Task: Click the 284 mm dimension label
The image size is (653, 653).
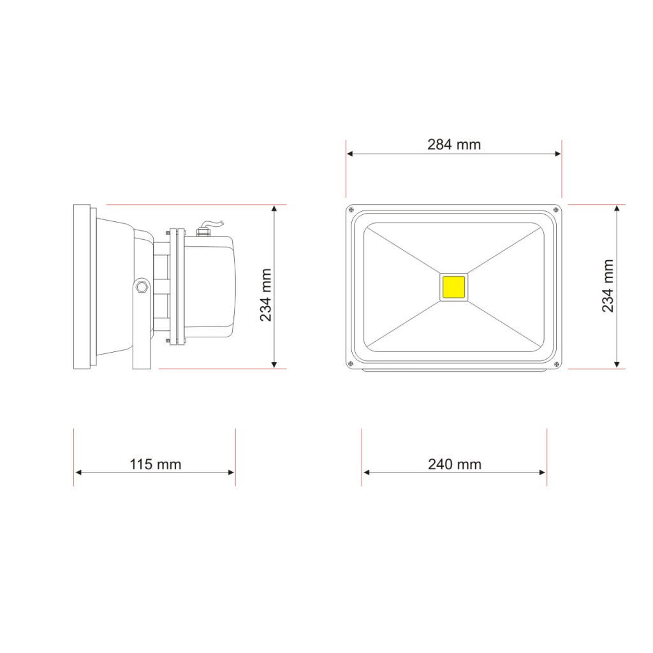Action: pos(454,145)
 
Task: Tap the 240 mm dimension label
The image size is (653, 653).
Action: pos(454,464)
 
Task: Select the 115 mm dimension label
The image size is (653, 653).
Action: pos(156,464)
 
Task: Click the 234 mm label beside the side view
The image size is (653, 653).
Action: pos(266,295)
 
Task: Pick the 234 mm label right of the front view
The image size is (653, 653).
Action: pos(608,286)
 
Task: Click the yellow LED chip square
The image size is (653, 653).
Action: pos(453,287)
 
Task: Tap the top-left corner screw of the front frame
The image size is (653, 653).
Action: pos(351,209)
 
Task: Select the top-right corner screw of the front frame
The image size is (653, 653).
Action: pos(555,209)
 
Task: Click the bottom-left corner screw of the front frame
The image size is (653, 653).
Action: pos(351,364)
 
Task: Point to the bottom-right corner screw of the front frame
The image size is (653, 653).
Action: pos(555,364)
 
